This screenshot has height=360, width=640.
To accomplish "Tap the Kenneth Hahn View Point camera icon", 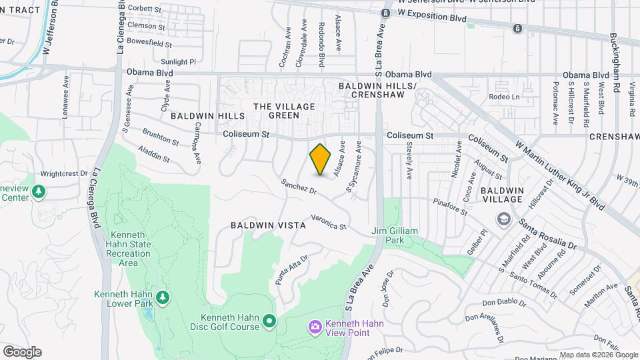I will pos(315,327).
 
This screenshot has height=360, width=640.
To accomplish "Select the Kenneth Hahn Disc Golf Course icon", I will pos(270,322).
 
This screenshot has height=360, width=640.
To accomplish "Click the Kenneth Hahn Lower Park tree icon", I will pos(161,295).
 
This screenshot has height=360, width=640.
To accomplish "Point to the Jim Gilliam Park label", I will pos(395,235).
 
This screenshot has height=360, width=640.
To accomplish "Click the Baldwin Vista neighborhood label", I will pos(268,225).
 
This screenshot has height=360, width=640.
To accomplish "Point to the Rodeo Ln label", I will pos(504,96).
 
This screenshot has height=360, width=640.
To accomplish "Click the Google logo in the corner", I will pos(22,352).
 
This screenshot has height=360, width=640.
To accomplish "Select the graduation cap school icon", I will pos(503,219).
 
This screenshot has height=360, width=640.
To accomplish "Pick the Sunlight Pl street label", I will pos(179,61).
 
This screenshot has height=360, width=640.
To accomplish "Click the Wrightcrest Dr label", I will pos(64,173).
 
